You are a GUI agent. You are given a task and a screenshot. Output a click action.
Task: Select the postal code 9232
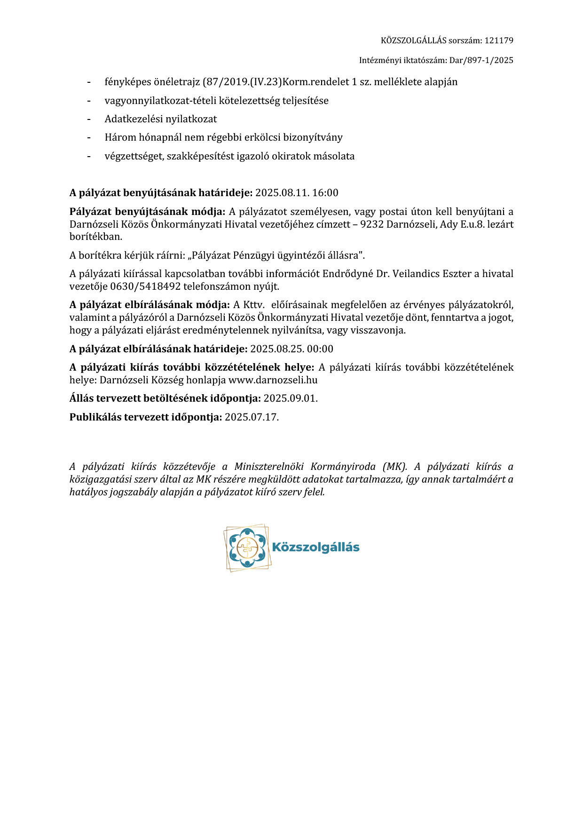click(372, 224)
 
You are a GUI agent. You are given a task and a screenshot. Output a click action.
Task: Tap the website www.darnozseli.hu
click(273, 380)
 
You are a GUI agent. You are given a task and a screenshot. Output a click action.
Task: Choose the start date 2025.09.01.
click(291, 398)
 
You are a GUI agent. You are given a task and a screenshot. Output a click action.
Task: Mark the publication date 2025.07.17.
click(252, 417)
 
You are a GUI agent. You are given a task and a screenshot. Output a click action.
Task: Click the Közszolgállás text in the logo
click(315, 547)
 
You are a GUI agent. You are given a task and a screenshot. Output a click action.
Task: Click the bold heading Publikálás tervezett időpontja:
click(146, 417)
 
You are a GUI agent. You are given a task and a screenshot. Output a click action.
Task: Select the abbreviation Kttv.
click(254, 305)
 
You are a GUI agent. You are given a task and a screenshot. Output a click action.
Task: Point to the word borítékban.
click(96, 237)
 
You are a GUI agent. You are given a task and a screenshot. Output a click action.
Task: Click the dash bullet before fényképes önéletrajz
click(88, 82)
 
